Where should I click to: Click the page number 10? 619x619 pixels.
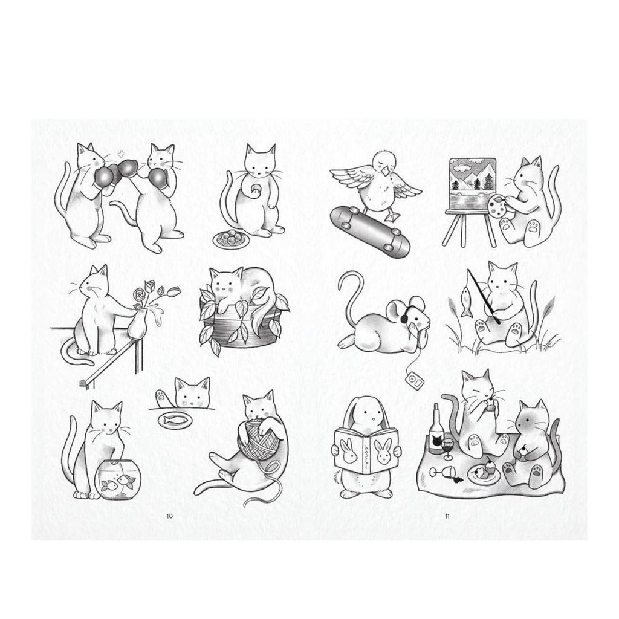(x=169, y=516)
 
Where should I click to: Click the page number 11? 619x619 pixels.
(x=447, y=516)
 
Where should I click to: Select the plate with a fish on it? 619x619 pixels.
(x=175, y=420)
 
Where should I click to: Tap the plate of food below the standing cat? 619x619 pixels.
(x=230, y=238)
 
